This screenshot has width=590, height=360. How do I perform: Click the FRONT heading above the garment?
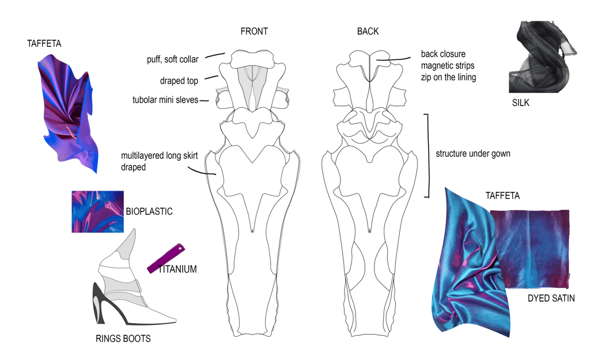pyautogui.click(x=254, y=32)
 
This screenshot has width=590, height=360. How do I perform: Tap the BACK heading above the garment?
pyautogui.click(x=368, y=32)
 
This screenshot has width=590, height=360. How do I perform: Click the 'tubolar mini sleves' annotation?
pyautogui.click(x=165, y=100)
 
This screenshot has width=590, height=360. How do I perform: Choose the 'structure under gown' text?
pyautogui.click(x=473, y=154)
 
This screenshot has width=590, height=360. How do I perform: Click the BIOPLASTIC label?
pyautogui.click(x=149, y=211)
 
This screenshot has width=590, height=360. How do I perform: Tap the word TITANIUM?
pyautogui.click(x=177, y=269)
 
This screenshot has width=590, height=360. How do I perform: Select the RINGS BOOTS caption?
pyautogui.click(x=123, y=339)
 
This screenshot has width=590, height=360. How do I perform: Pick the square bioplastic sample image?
pyautogui.click(x=97, y=211)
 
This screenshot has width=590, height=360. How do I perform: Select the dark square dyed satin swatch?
pyautogui.click(x=530, y=248)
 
